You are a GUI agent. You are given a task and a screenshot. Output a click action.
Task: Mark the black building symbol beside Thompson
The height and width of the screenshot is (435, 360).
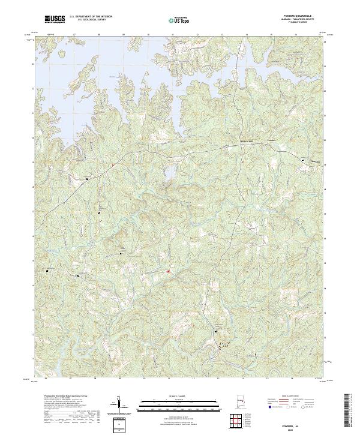click(x=303, y=160)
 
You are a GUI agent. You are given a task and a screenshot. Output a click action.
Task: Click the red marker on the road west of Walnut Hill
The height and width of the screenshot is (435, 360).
click(x=112, y=166)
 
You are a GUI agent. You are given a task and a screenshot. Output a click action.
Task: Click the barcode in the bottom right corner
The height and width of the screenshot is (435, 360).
click(x=350, y=414)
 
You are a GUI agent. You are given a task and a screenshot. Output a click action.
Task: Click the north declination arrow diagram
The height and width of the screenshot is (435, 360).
click(x=120, y=404)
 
